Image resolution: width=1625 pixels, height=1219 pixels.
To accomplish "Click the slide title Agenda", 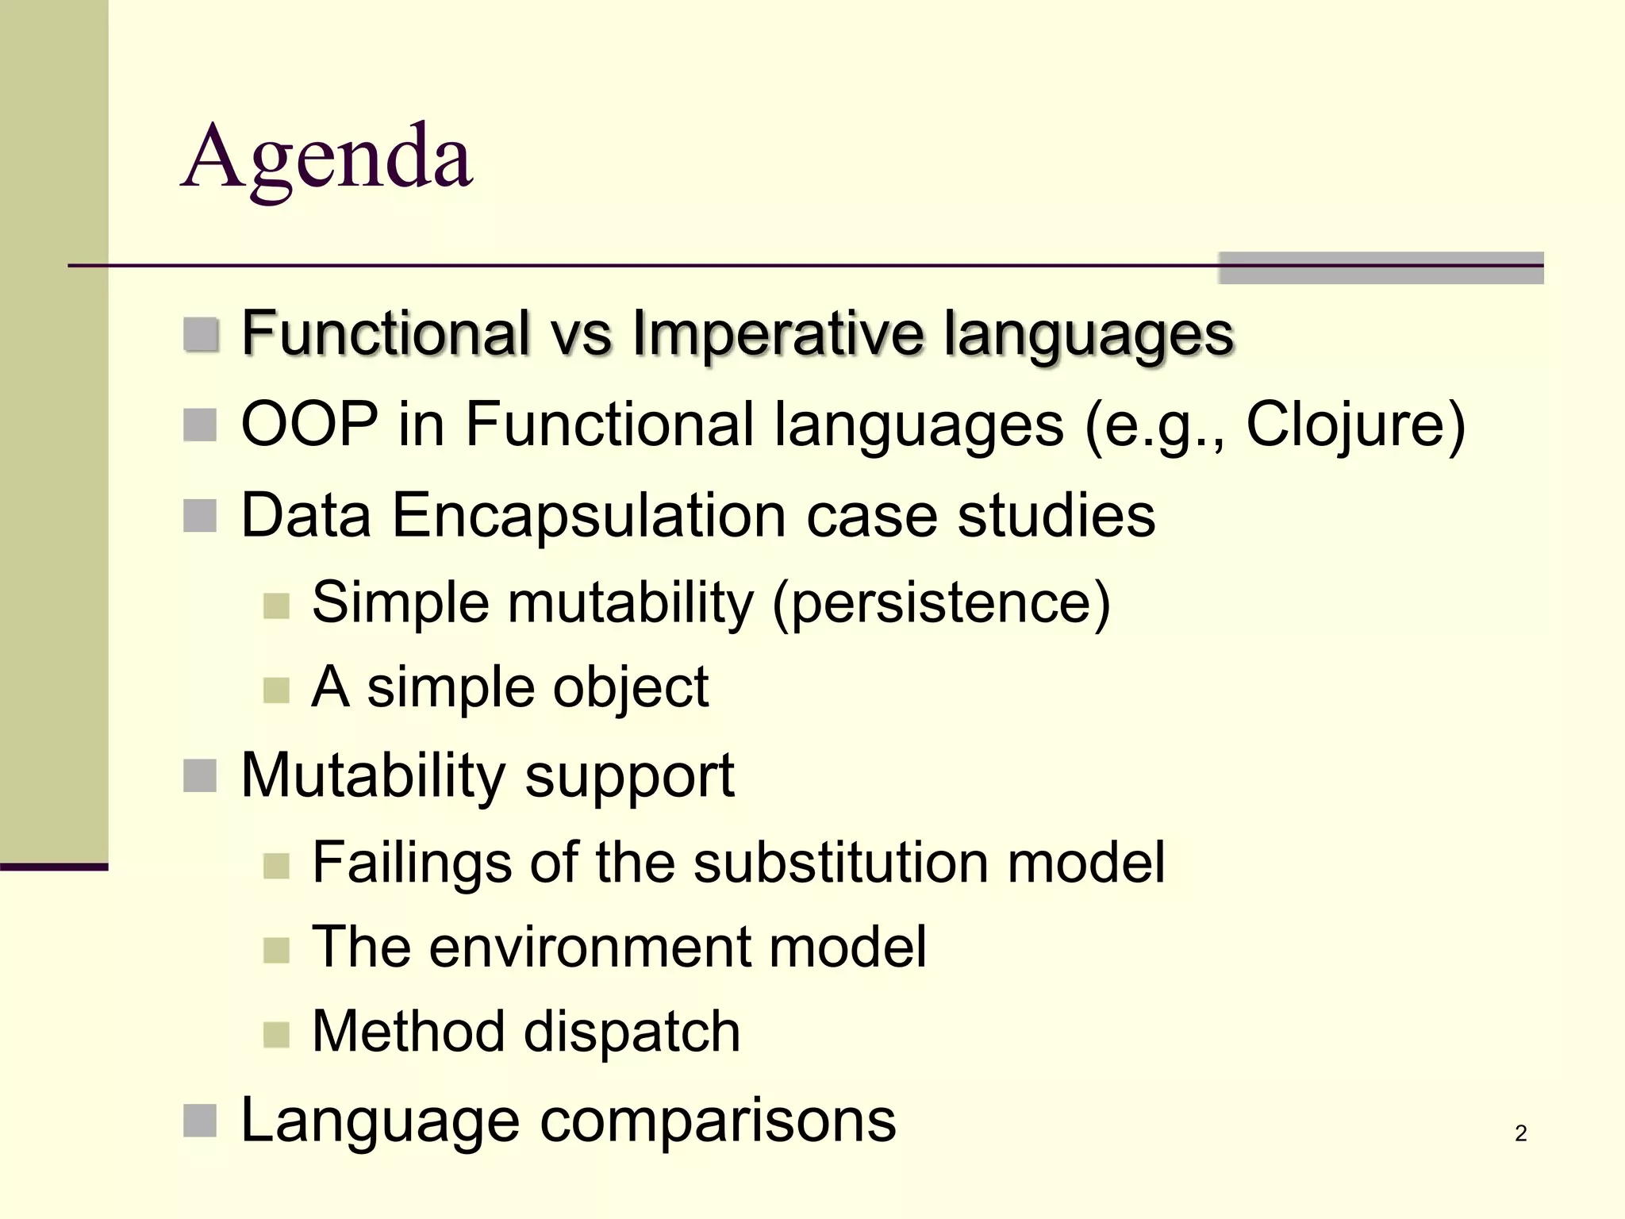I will tap(327, 159).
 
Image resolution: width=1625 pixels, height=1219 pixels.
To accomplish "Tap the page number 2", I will tap(1520, 1133).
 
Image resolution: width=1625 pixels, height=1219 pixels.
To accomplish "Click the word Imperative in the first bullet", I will tap(778, 333).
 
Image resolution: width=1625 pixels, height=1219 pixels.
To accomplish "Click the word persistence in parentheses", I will tap(941, 603).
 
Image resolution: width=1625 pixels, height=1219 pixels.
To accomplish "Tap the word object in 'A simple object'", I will tap(631, 688).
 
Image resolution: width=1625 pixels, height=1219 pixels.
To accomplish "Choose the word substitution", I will tap(840, 863).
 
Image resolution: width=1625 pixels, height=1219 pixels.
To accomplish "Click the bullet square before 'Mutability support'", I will tap(200, 776).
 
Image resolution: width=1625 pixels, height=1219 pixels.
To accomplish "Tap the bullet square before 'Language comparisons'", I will tap(200, 1121).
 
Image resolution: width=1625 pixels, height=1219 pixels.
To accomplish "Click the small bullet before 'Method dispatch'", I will tap(276, 1034).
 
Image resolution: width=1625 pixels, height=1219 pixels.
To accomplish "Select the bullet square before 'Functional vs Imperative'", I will tap(201, 334).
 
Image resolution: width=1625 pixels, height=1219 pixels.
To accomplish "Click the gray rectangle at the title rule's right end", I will tap(1381, 268).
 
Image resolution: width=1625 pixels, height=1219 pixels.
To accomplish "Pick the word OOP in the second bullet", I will tap(309, 425).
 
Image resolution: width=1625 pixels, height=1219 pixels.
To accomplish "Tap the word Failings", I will tap(412, 863).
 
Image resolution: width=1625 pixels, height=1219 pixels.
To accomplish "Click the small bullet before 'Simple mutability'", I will tap(276, 606).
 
